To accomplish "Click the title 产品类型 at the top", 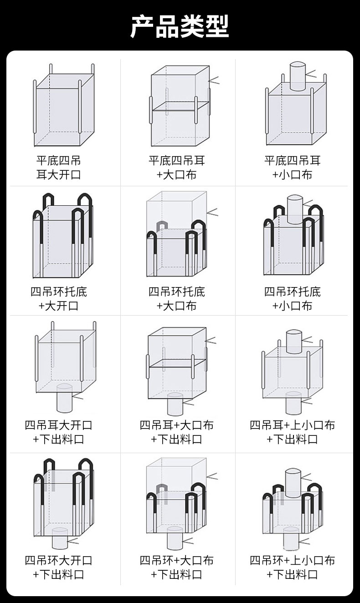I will [x=180, y=26].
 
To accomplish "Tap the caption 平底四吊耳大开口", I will [x=58, y=168].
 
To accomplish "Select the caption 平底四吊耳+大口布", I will [x=177, y=168].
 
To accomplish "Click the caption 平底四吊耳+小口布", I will [x=293, y=168].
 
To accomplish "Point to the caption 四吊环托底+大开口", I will [x=58, y=299].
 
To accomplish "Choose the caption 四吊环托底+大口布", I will [x=177, y=299].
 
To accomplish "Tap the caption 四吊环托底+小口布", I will [x=293, y=299].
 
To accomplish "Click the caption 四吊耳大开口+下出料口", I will [x=58, y=432].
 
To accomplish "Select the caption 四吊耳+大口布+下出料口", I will [x=177, y=432].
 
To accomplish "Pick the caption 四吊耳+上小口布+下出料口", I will [x=293, y=432].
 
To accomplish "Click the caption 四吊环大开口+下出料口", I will [x=58, y=567].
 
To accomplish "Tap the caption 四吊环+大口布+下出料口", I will [x=177, y=567].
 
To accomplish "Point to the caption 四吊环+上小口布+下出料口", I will [x=293, y=567].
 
